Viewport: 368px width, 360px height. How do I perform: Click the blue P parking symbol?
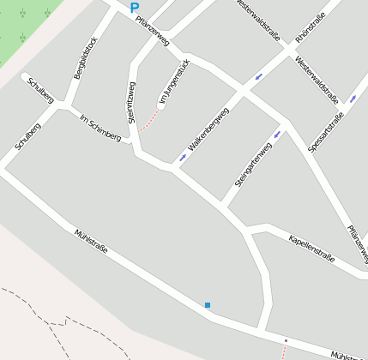click(134, 7)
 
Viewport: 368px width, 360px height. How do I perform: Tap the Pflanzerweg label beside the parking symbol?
click(153, 31)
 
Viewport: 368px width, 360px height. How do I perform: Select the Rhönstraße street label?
click(311, 27)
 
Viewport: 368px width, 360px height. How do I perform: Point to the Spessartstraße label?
click(326, 132)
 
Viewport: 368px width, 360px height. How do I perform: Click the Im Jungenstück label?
click(172, 88)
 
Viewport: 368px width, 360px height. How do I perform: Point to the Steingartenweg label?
click(253, 165)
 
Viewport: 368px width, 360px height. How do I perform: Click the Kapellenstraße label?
click(311, 246)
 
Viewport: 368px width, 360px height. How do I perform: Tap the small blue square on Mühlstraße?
click(207, 305)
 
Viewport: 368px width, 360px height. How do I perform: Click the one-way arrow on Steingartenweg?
click(276, 135)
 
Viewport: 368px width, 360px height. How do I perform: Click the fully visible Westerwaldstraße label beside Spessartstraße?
click(316, 74)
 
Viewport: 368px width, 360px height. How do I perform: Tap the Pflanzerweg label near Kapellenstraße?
click(358, 244)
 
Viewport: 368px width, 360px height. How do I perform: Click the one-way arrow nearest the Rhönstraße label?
click(258, 78)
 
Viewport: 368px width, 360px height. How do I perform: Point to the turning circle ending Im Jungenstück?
click(160, 107)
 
